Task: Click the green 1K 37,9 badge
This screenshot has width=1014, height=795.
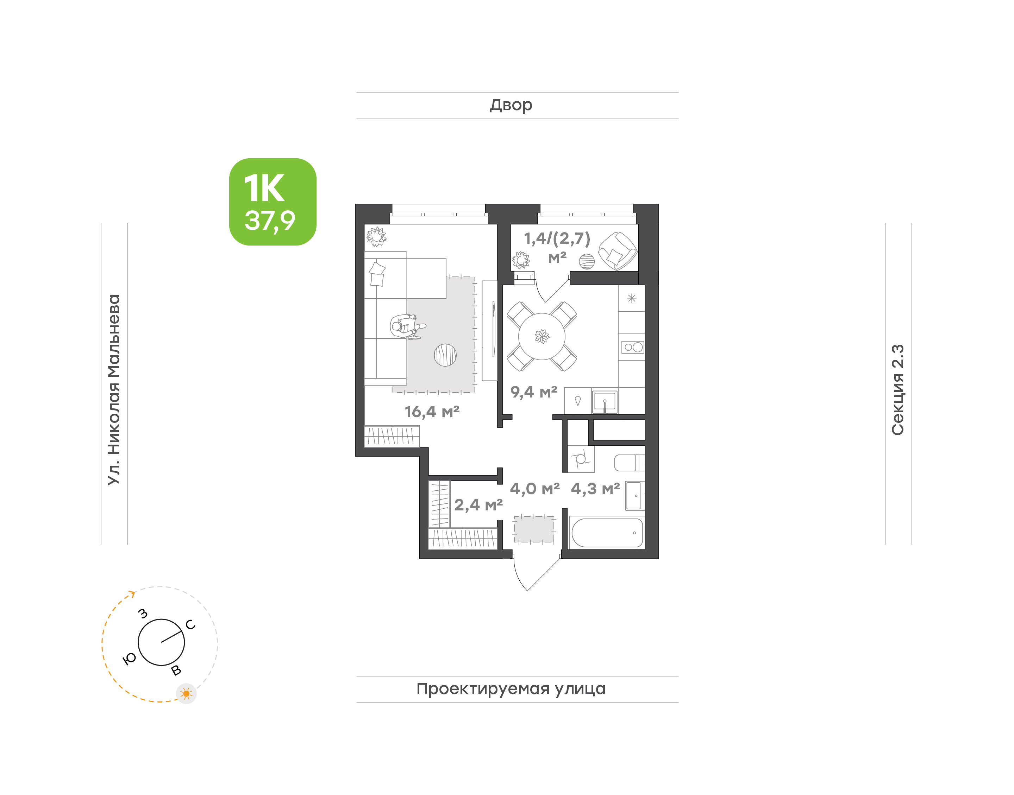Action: tap(273, 202)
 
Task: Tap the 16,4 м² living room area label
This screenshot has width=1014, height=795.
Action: tap(432, 412)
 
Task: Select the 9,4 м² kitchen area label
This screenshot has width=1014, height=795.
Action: tap(534, 392)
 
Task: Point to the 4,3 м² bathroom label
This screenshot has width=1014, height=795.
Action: tap(595, 489)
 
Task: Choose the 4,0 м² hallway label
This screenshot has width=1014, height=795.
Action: tap(535, 489)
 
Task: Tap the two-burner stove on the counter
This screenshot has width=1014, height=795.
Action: tap(633, 347)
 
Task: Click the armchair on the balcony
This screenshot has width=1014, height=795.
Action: tap(618, 251)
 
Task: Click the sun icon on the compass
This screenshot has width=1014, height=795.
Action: tap(186, 694)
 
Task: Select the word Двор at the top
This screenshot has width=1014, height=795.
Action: tap(511, 105)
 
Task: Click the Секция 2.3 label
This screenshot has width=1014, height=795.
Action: tap(897, 390)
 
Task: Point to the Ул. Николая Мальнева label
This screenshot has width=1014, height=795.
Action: tap(114, 390)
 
